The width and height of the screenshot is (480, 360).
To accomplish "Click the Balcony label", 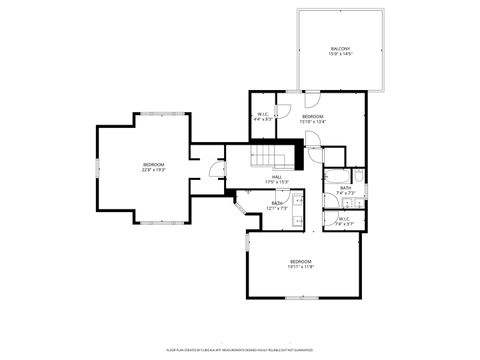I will pos(341,49).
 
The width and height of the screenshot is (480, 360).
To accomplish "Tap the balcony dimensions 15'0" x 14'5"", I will pos(341,54).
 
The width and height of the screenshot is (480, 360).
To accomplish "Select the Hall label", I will pos(275,177).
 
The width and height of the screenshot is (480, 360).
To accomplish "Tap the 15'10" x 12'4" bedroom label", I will pos(313,119).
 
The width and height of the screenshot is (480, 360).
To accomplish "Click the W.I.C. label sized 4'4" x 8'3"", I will pos(263,116).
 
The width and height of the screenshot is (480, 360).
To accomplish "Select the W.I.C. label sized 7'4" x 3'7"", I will pos(343,220).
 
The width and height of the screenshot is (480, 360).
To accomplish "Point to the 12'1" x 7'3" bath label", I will pos(276,206).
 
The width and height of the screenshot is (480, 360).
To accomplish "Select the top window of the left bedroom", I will pos(152,114).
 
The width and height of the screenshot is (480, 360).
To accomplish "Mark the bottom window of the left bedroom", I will pos(152,220).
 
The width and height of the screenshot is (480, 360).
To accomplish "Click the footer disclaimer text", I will pos(239,350).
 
